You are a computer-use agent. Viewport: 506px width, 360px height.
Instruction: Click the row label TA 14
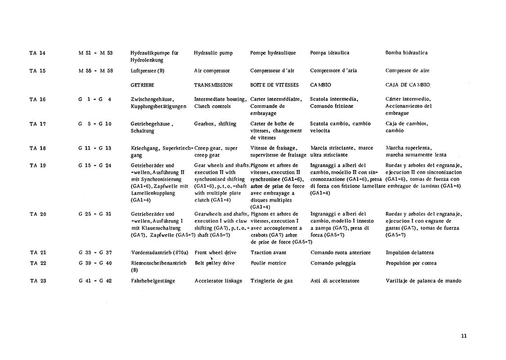click(37, 53)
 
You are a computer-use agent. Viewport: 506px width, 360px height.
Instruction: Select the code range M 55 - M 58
click(95, 71)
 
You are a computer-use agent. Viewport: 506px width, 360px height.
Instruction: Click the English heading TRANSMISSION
click(213, 85)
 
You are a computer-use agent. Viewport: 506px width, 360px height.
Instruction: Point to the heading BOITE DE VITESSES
click(274, 85)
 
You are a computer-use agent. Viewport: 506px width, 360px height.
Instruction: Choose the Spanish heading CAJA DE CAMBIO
click(408, 85)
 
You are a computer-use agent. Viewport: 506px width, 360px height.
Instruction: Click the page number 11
click(464, 335)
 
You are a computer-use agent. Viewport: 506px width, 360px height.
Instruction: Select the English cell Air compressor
click(211, 71)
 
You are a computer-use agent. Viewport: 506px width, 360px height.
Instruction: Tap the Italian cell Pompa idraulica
click(330, 53)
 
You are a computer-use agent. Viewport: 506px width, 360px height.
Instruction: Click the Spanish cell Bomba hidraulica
click(407, 53)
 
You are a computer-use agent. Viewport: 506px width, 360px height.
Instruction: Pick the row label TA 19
click(37, 165)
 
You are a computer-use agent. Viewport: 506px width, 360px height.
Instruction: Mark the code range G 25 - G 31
click(95, 214)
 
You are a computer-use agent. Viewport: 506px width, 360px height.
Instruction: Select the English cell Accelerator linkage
click(218, 281)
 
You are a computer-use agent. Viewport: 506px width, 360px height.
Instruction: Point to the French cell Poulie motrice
click(268, 263)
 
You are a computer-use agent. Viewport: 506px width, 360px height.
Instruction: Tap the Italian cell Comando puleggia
click(333, 263)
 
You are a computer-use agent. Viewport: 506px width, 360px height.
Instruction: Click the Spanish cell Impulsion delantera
click(410, 253)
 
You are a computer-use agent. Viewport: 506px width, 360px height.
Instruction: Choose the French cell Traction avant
click(268, 253)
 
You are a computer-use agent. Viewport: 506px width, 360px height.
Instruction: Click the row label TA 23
click(38, 281)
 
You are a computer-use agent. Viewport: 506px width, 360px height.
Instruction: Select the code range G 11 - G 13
click(95, 148)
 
